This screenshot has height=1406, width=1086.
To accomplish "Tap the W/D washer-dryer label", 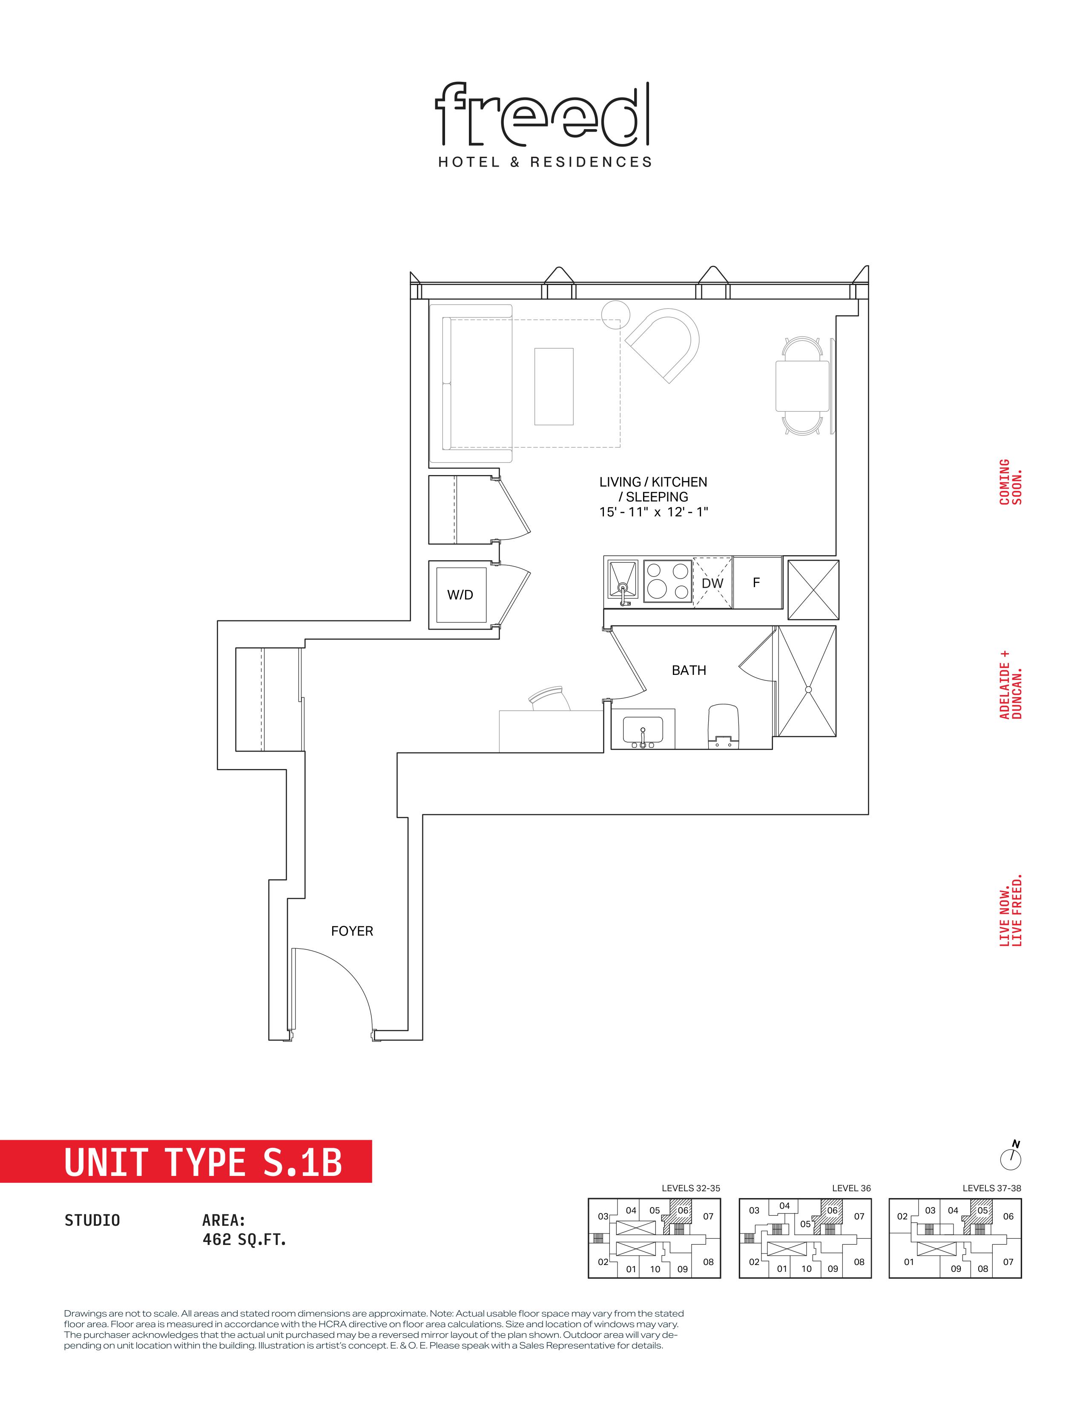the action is point(460,595).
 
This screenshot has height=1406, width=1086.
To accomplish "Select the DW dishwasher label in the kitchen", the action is point(712,583).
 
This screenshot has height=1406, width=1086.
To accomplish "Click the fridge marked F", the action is point(757,582).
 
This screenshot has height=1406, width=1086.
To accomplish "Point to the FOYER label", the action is point(352,931).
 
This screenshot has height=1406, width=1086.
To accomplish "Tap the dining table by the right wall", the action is point(802,386).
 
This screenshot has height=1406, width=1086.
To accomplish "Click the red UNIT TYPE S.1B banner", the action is point(186,1161).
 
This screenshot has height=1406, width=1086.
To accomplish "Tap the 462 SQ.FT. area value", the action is point(244,1239).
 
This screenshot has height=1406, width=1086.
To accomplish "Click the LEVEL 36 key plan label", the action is point(851,1188).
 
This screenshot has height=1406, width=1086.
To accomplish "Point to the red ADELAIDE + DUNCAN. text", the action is point(1011,684).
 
